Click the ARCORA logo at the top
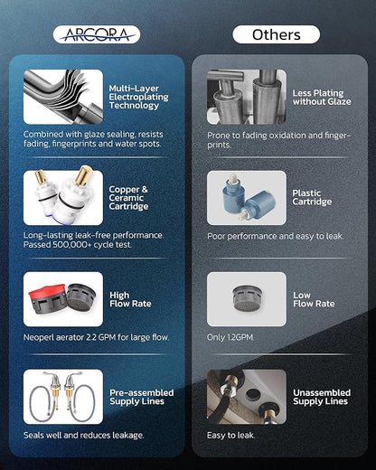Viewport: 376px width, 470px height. click(97, 34)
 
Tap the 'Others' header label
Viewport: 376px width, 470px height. click(277, 34)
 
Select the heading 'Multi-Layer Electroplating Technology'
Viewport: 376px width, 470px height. click(138, 97)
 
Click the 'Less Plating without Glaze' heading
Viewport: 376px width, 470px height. click(322, 98)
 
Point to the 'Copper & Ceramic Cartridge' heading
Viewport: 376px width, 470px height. click(128, 198)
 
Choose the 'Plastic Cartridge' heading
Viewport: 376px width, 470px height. click(312, 197)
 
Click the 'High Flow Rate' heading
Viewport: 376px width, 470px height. click(130, 299)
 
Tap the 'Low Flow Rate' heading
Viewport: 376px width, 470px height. click(314, 299)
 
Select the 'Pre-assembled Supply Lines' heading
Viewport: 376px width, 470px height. click(142, 397)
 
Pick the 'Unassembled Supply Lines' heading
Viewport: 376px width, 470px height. click(322, 397)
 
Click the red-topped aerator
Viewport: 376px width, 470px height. click(47, 299)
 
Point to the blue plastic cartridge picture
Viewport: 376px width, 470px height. click(247, 198)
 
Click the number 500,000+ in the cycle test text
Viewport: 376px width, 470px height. click(71, 245)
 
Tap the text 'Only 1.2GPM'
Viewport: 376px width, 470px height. click(230, 337)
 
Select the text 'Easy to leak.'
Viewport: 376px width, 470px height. click(230, 436)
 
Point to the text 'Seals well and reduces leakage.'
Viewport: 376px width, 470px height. click(84, 436)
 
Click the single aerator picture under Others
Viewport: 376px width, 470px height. click(247, 299)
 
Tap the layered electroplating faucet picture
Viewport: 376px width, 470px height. click(63, 97)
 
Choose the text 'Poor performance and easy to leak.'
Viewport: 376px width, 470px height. click(275, 236)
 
